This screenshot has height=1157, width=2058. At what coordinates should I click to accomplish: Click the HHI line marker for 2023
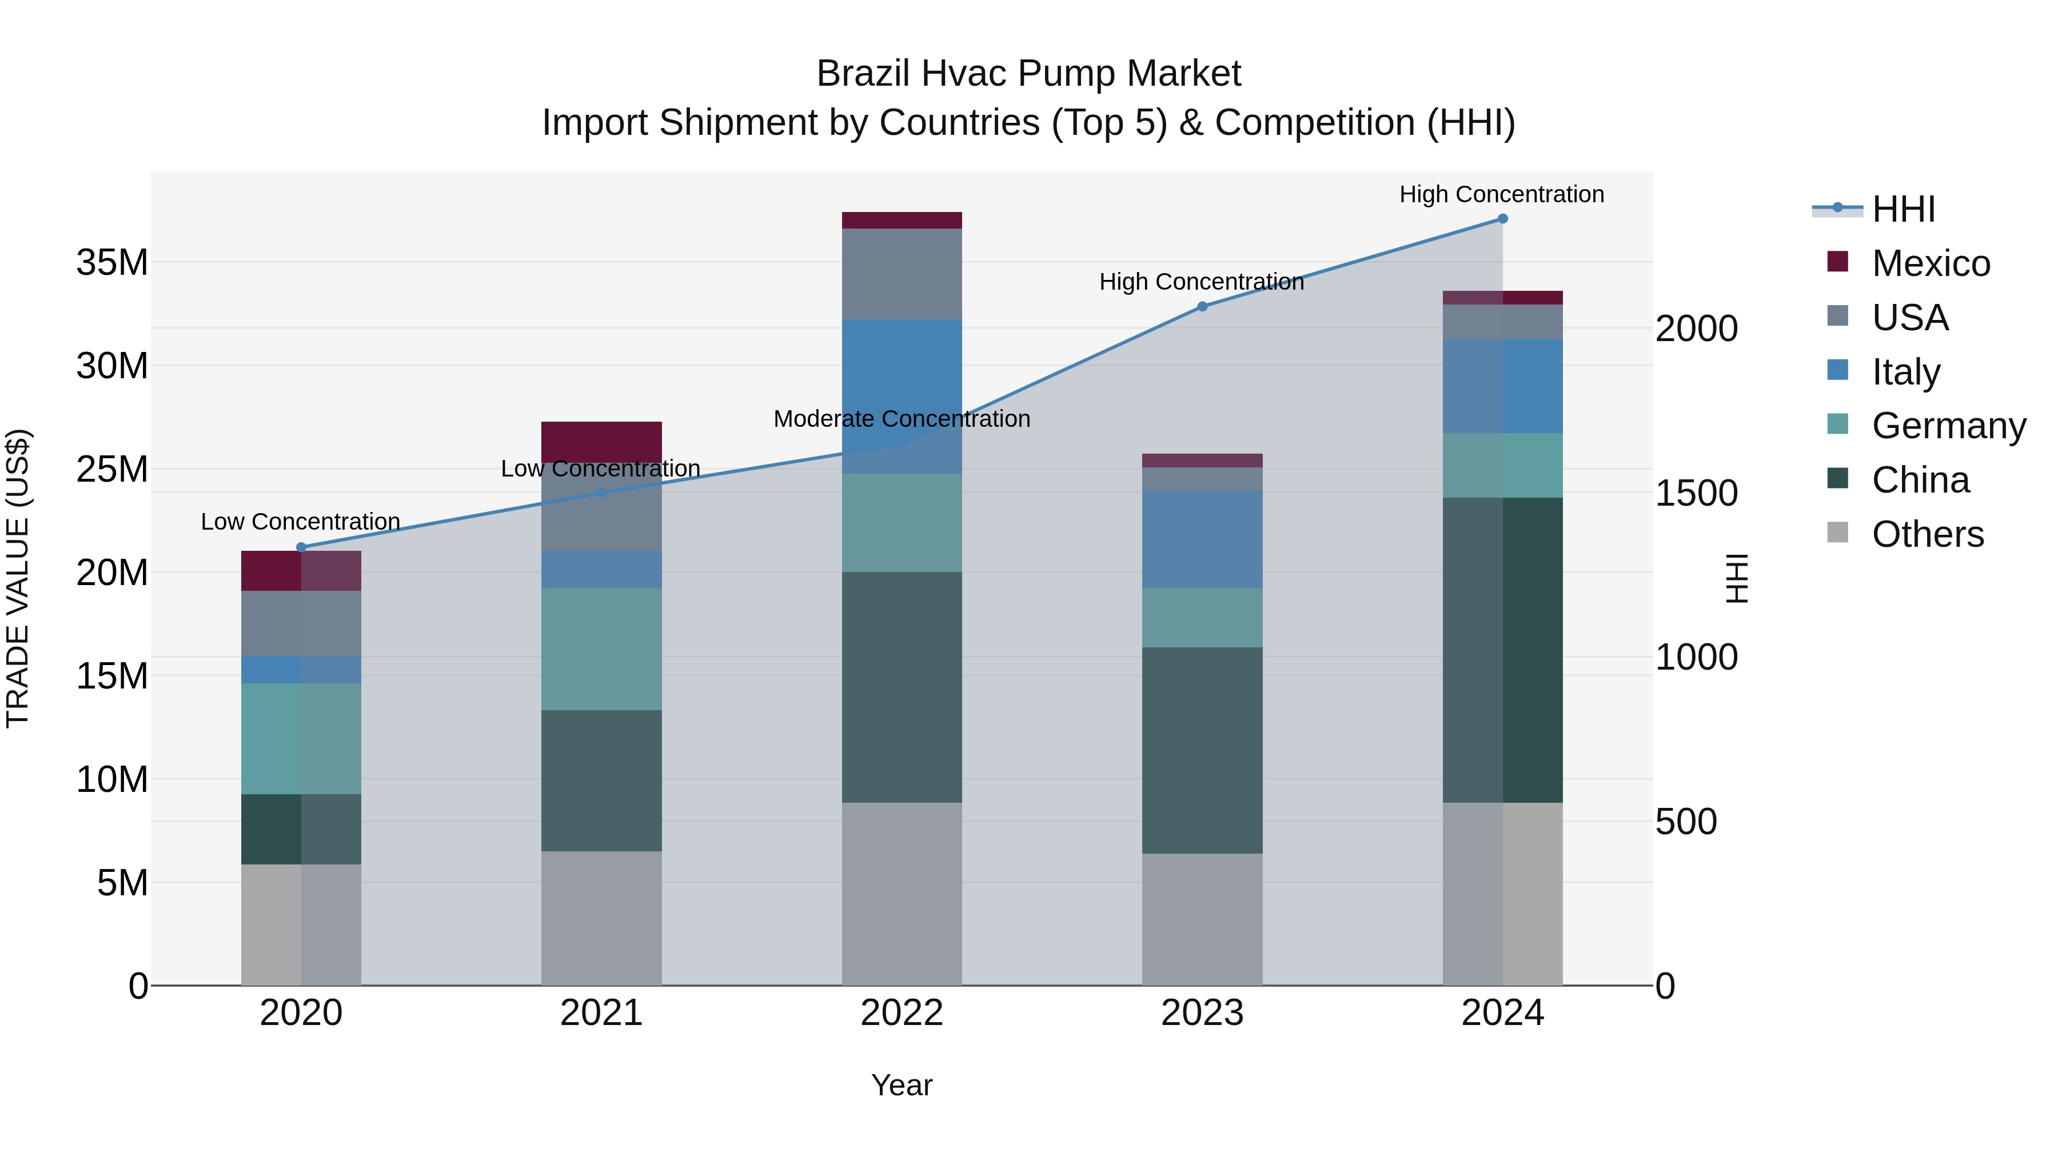point(1202,307)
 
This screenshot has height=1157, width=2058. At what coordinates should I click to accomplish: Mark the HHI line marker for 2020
point(301,548)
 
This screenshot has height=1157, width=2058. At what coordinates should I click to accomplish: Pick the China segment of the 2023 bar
point(1202,751)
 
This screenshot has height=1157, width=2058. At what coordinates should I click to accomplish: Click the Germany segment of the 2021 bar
point(601,649)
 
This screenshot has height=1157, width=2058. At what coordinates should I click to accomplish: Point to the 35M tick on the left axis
point(112,263)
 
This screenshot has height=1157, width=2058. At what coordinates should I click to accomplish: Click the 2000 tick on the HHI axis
point(1696,329)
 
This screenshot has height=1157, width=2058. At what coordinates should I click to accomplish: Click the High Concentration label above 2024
point(1501,195)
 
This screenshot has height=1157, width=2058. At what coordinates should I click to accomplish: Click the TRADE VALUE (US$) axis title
point(18,578)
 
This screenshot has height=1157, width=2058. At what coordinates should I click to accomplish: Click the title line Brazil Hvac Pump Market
point(1028,74)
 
